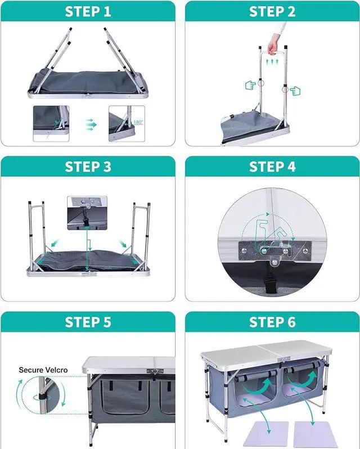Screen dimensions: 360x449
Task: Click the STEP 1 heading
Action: pos(88,12)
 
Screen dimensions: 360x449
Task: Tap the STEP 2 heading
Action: pos(272,12)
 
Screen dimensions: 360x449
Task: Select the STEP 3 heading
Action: pos(88,167)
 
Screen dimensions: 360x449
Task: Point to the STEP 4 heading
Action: pos(272,167)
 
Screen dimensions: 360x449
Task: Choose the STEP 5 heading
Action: pos(88,322)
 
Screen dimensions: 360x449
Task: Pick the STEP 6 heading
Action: pos(272,322)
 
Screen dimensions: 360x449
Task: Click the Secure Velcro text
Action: pos(43,370)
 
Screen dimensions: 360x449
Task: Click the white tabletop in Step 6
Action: pos(264,352)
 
